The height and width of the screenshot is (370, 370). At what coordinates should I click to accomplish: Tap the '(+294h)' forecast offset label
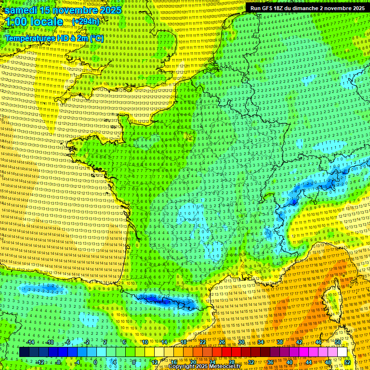point(85,22)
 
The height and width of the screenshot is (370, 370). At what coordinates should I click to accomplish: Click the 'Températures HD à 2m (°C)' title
point(54,38)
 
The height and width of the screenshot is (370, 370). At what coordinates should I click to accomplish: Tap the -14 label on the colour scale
point(30,342)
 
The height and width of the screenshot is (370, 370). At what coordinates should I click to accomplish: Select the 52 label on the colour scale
point(347,362)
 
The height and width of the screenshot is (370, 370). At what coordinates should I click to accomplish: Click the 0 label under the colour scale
point(95,362)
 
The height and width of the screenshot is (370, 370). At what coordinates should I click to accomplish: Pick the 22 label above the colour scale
point(203,342)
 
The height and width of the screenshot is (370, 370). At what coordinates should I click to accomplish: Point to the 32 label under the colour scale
point(251,362)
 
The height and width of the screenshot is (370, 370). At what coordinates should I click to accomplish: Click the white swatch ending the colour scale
point(342,352)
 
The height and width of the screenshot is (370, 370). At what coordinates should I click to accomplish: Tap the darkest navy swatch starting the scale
point(24,352)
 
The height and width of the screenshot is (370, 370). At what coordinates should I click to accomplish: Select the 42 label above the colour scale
point(299,342)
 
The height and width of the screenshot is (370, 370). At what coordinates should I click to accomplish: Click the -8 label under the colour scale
point(58,362)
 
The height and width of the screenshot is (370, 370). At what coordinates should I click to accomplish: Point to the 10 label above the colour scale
point(145,342)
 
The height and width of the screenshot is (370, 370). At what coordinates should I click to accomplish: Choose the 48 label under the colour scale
point(328,362)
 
